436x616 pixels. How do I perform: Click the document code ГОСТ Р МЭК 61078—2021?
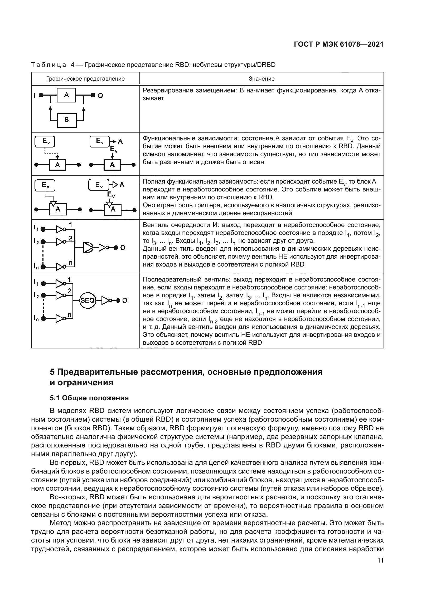338,45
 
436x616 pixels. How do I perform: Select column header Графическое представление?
85,78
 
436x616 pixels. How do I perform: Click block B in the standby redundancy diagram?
67,120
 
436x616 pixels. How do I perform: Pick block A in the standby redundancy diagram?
67,95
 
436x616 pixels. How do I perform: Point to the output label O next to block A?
100,95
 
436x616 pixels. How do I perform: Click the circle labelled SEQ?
88,300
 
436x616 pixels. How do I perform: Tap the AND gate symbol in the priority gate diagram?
88,247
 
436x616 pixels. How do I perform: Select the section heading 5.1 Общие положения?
89,398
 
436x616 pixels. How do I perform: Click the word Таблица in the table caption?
49,65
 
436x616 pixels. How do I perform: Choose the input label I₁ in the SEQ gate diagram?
36,283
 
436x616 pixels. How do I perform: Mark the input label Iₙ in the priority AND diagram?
36,267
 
